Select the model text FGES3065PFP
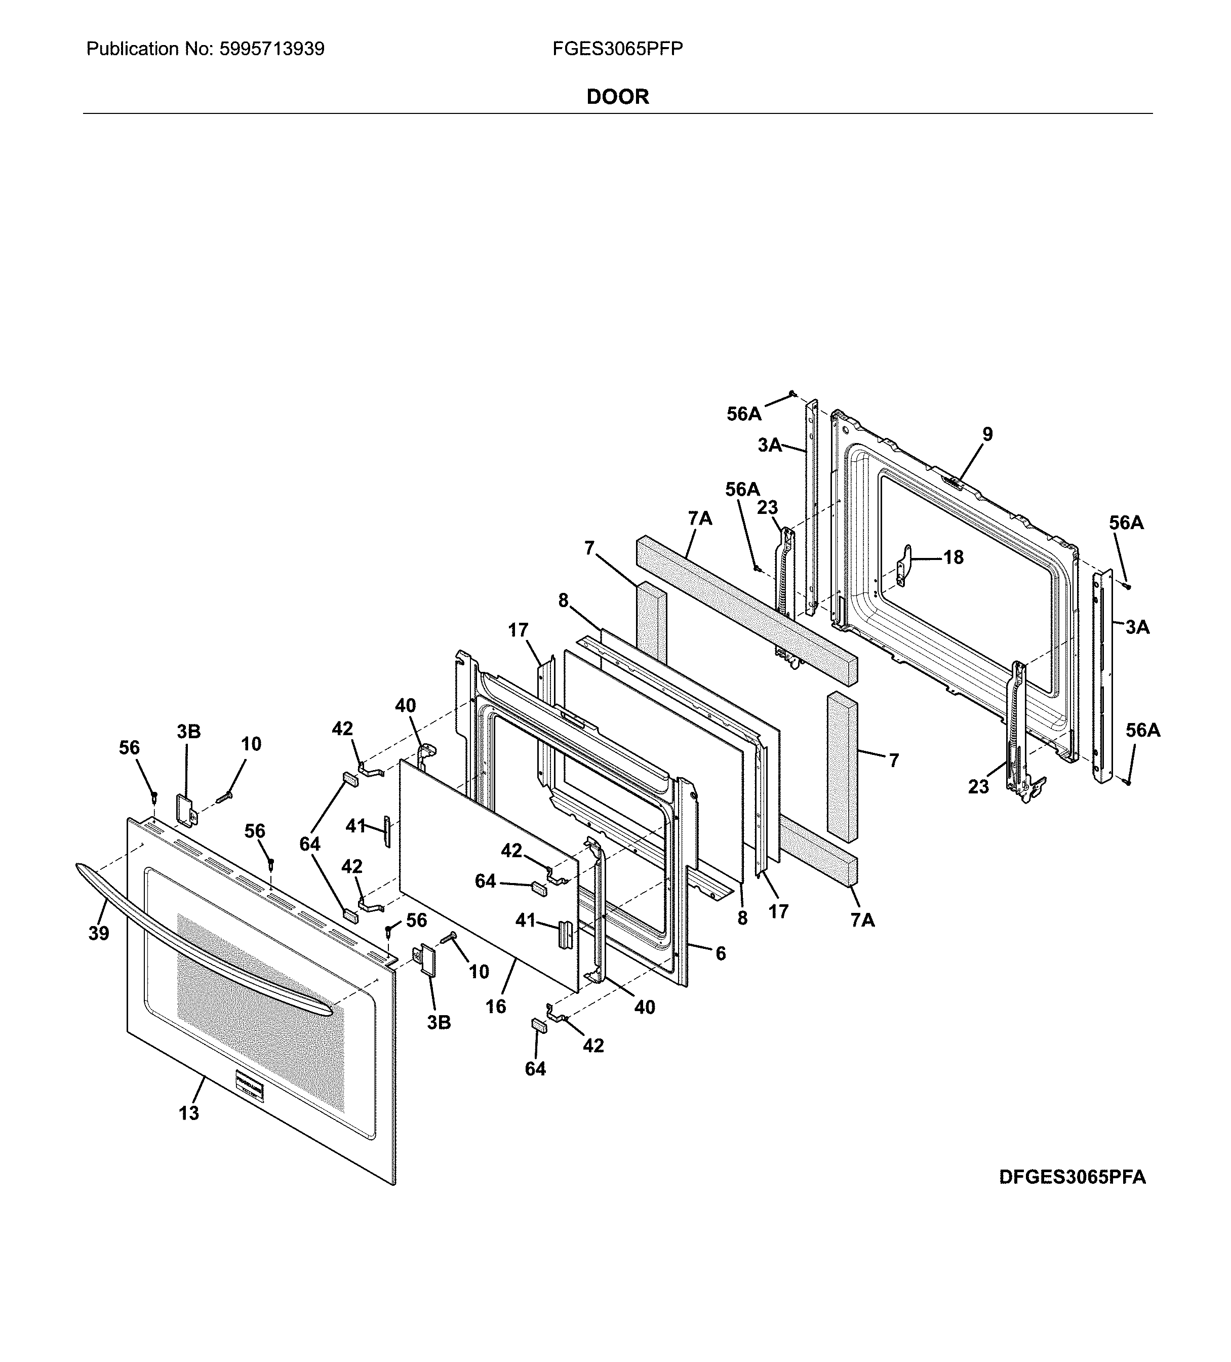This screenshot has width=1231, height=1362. point(617,49)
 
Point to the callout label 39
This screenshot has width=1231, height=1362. point(99,934)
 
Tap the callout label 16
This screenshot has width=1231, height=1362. point(495,1007)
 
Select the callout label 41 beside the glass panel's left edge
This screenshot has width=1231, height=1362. point(355,826)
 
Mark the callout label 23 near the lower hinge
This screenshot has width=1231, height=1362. point(978,786)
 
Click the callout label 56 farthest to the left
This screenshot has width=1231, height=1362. point(129,748)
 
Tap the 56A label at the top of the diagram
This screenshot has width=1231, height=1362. point(743,414)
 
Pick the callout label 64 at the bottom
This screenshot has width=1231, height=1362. point(535,1069)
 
